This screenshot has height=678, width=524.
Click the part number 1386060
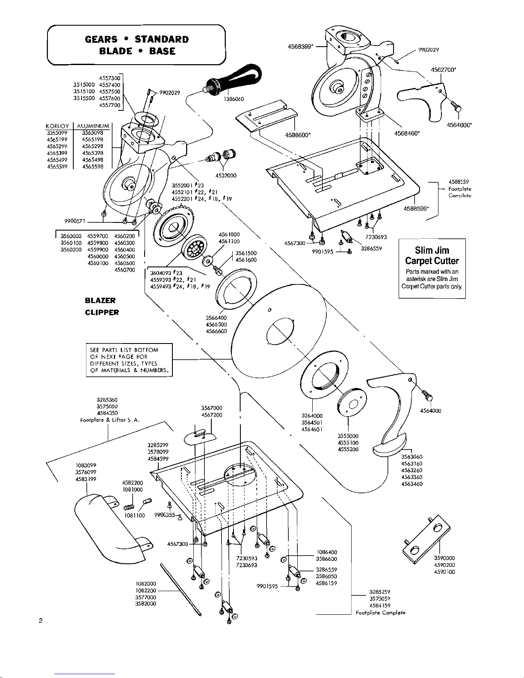[x=234, y=99]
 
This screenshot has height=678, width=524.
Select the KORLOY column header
[x=58, y=126]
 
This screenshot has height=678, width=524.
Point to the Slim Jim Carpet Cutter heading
[x=432, y=256]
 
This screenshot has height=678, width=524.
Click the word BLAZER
[x=100, y=300]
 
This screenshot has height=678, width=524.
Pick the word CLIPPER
[x=102, y=312]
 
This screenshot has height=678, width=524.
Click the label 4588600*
[x=297, y=135]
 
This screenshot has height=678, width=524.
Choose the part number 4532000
[x=226, y=175]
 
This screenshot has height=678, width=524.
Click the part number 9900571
[x=73, y=221]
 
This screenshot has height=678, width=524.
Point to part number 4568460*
[x=406, y=133]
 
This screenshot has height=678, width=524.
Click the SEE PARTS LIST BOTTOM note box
[x=129, y=360]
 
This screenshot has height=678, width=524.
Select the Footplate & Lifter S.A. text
[x=110, y=420]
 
